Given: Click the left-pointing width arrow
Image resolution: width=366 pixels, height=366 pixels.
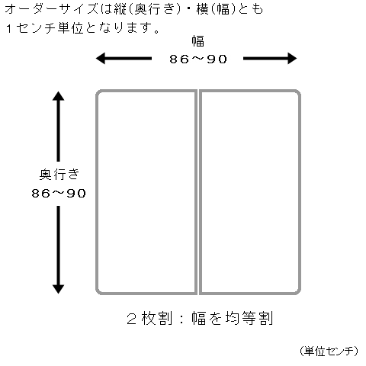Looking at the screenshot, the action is pos(124,59).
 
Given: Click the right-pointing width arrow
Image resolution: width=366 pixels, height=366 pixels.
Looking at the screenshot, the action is pos(270,59).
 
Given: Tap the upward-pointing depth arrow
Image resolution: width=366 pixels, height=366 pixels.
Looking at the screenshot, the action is pos(58,127).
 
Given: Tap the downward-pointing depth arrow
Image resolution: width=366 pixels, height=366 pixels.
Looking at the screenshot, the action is pos(58,250).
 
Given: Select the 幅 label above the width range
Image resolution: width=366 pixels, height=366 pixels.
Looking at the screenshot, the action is pos(198,41).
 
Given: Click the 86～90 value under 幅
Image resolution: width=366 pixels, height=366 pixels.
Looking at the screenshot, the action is pos(198,59).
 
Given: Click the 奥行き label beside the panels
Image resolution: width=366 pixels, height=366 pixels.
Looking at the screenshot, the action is pos(59,175).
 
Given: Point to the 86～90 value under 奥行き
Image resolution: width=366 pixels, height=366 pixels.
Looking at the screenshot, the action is pos(59,194).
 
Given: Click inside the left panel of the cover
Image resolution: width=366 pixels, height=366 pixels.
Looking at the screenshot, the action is pos(146,192).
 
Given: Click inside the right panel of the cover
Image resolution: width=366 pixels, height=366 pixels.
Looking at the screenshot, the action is pos(250,192).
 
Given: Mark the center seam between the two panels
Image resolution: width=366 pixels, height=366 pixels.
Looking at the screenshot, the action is pos(198,192).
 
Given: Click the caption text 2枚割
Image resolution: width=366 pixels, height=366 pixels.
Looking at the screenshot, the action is pos(149,318).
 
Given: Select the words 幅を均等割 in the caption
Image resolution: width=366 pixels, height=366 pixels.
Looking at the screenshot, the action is pos(233,318).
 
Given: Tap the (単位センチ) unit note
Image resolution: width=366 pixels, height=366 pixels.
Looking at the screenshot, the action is pos(329,351).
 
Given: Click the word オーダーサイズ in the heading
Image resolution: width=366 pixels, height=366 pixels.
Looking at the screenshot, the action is pos(51,10).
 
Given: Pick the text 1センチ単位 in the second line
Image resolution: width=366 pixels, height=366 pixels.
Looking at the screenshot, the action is pos(45,28).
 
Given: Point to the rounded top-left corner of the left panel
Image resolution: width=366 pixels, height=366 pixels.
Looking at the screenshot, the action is pos(99,93).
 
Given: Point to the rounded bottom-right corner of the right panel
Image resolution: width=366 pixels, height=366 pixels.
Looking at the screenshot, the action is pos(297,291).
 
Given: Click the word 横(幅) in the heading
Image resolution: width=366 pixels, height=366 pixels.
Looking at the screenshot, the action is pos(216,10).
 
